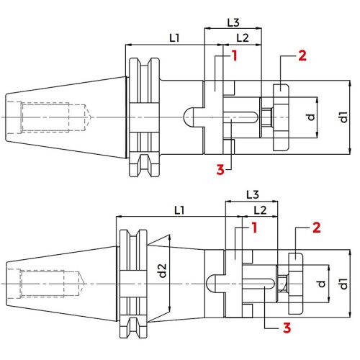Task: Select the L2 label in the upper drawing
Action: [x=243, y=37]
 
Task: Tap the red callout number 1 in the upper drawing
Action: [x=234, y=55]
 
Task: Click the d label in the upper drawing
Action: [x=312, y=117]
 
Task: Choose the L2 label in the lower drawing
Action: [x=261, y=210]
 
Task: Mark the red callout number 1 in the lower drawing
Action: [x=254, y=228]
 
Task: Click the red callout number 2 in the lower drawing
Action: [x=318, y=229]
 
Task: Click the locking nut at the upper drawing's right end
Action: [x=279, y=117]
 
